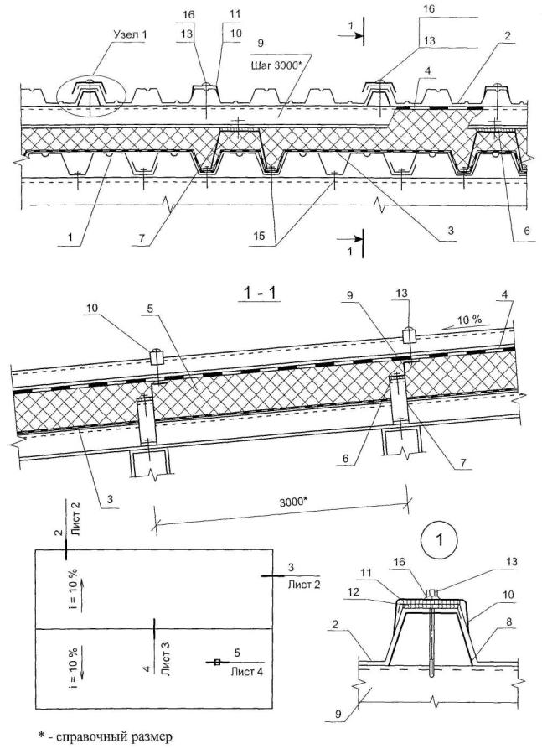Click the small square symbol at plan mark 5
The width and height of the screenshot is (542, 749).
point(216,663)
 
